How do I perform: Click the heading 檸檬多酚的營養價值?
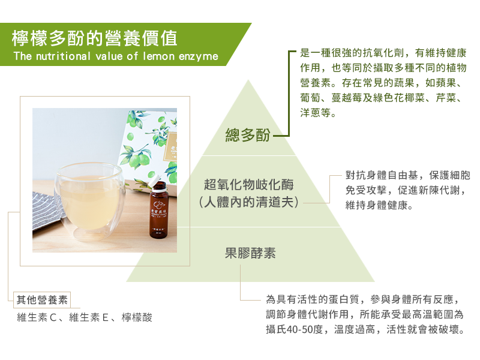[94, 38]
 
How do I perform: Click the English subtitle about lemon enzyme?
[116, 56]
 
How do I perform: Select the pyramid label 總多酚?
[248, 134]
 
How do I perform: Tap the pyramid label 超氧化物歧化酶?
[249, 185]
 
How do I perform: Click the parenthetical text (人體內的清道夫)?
[248, 202]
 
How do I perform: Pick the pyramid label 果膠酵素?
[250, 253]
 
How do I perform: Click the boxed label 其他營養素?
[42, 300]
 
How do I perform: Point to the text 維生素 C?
[37, 317]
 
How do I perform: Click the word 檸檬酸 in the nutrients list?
[137, 317]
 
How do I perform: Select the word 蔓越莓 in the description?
[347, 98]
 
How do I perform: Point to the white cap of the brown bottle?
[154, 180]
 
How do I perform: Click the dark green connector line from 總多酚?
[288, 94]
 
